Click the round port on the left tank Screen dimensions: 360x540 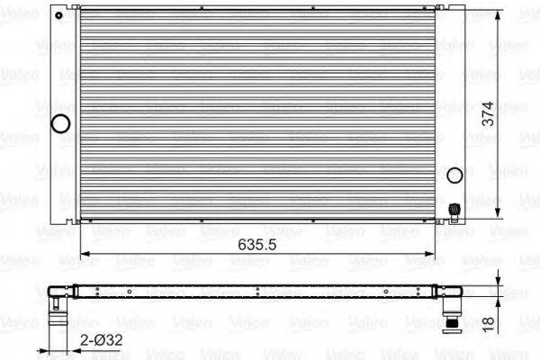pyautogui.click(x=61, y=124)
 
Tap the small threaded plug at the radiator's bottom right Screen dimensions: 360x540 pyautogui.click(x=454, y=211)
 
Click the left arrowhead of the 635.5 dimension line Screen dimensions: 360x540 pyautogui.click(x=85, y=256)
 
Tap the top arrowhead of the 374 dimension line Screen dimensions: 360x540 pyautogui.click(x=499, y=14)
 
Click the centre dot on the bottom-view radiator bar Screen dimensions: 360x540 pyautogui.click(x=257, y=290)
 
